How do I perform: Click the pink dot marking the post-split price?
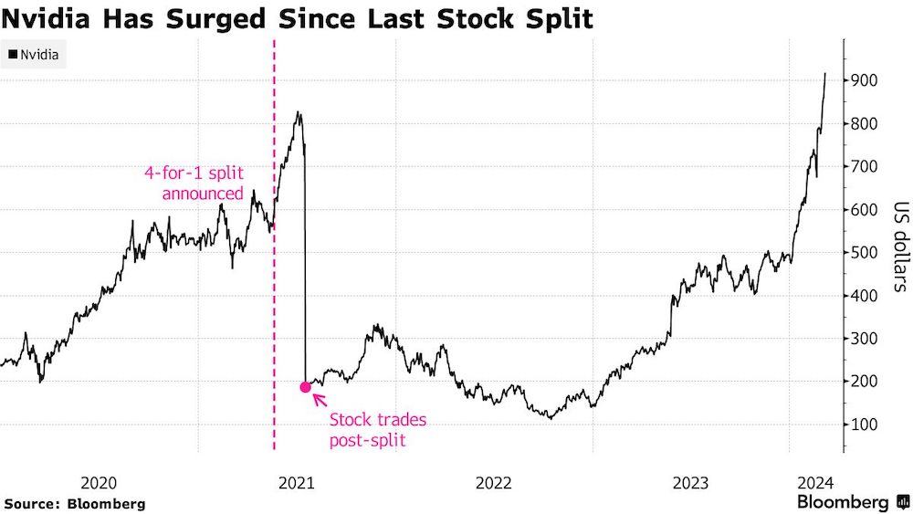(x=306, y=387)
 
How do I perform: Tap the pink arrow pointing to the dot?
(x=320, y=399)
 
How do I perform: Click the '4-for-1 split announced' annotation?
(x=194, y=183)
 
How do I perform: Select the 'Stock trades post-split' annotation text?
(x=377, y=429)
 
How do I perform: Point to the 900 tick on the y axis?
(x=864, y=80)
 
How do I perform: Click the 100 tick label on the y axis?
(x=864, y=425)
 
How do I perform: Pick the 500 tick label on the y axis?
(x=864, y=253)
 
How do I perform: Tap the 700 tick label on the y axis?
(x=864, y=166)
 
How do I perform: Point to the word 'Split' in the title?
(x=555, y=18)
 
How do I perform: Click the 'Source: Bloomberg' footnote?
(x=74, y=503)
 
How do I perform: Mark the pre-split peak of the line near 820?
(x=298, y=112)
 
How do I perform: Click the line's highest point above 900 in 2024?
(x=825, y=74)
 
